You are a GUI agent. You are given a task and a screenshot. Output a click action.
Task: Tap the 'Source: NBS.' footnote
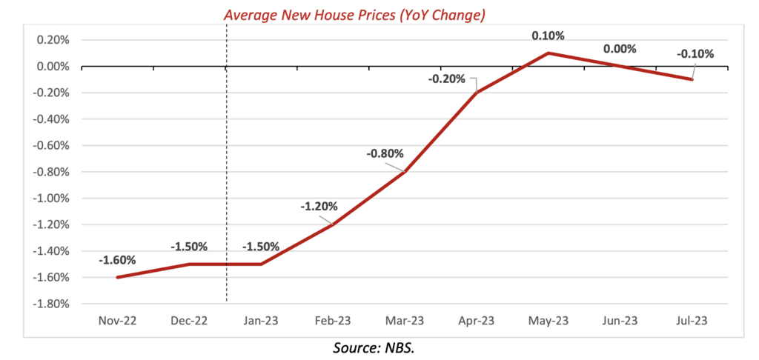click(x=379, y=347)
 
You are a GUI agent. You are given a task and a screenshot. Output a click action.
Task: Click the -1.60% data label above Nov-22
click(x=116, y=260)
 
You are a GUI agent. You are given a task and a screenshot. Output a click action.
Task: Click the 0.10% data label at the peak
click(x=547, y=36)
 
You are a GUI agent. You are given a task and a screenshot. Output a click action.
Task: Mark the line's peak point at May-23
click(x=548, y=53)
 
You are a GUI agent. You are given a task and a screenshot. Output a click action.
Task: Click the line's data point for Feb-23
click(x=333, y=224)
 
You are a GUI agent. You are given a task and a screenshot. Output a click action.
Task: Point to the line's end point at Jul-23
click(x=692, y=79)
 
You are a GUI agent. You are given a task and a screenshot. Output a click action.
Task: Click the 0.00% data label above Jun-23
click(x=620, y=49)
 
